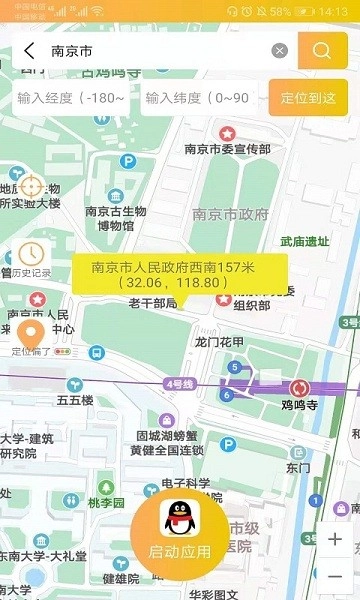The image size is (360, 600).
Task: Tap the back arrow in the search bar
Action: click(28, 51)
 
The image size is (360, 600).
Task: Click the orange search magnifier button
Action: click(322, 51)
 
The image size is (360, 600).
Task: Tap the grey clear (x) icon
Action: click(280, 51)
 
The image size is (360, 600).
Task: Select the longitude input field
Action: click(71, 98)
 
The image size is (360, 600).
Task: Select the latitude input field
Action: click(199, 98)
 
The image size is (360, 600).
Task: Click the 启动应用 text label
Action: click(180, 552)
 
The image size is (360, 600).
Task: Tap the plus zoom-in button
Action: click(334, 539)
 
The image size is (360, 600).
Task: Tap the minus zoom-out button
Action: click(334, 576)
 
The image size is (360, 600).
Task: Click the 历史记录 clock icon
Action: click(31, 254)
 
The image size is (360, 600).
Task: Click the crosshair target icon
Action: click(31, 186)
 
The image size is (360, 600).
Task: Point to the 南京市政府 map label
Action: click(231, 213)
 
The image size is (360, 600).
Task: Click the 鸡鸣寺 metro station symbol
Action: click(298, 388)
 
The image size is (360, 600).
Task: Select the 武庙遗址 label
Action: click(305, 241)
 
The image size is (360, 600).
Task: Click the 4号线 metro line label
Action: click(180, 382)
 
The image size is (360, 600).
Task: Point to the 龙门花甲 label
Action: click(220, 342)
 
